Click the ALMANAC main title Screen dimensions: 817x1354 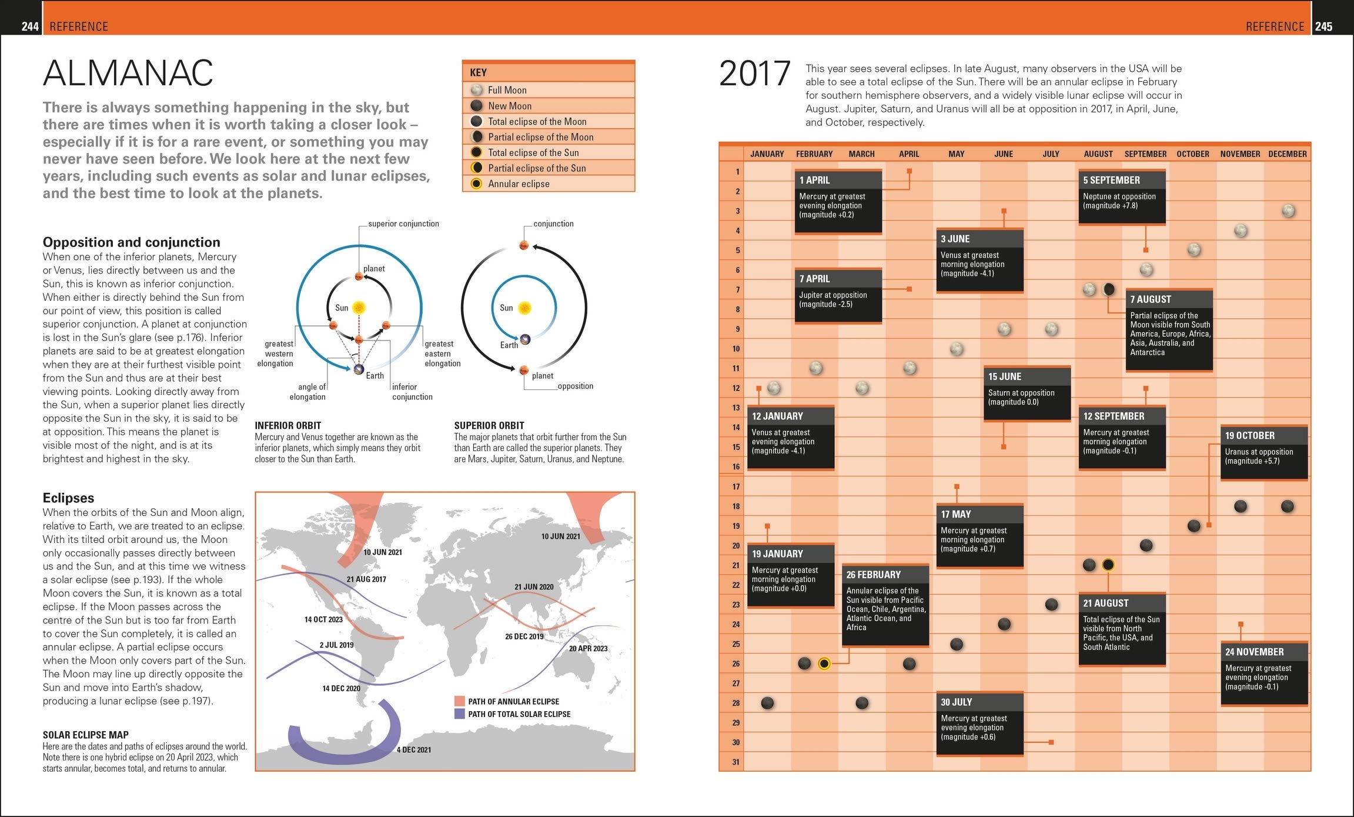(x=128, y=74)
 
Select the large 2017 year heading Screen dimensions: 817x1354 (x=754, y=74)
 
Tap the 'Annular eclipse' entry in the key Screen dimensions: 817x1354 (x=518, y=184)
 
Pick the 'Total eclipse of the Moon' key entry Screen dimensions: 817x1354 (x=536, y=122)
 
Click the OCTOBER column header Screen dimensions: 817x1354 (x=1192, y=154)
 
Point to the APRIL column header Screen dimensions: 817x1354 (x=908, y=154)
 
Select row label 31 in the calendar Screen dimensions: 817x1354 (x=735, y=762)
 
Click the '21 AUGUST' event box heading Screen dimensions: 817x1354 (x=1105, y=603)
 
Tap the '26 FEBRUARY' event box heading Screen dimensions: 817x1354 (x=873, y=575)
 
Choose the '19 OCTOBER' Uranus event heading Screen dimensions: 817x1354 (x=1249, y=436)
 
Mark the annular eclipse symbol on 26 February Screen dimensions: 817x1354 (x=824, y=664)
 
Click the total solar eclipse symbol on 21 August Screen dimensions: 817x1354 (x=1108, y=565)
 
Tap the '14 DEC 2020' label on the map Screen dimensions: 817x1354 (x=341, y=689)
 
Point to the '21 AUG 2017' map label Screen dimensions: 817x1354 (x=366, y=579)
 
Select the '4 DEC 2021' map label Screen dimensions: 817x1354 (x=413, y=750)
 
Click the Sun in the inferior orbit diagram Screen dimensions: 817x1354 (x=359, y=308)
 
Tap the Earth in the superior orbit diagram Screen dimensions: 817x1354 (x=525, y=339)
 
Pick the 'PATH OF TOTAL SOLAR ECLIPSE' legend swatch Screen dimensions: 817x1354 (x=460, y=714)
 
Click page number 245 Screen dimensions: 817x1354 (x=1323, y=26)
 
